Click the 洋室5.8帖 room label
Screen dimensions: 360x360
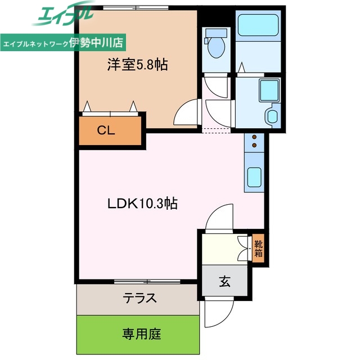tap(138, 65)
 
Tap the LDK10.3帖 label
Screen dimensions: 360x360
tap(143, 204)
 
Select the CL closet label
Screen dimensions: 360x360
tap(106, 131)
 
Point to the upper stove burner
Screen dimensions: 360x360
tap(254, 137)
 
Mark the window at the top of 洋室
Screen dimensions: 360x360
tap(137, 8)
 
